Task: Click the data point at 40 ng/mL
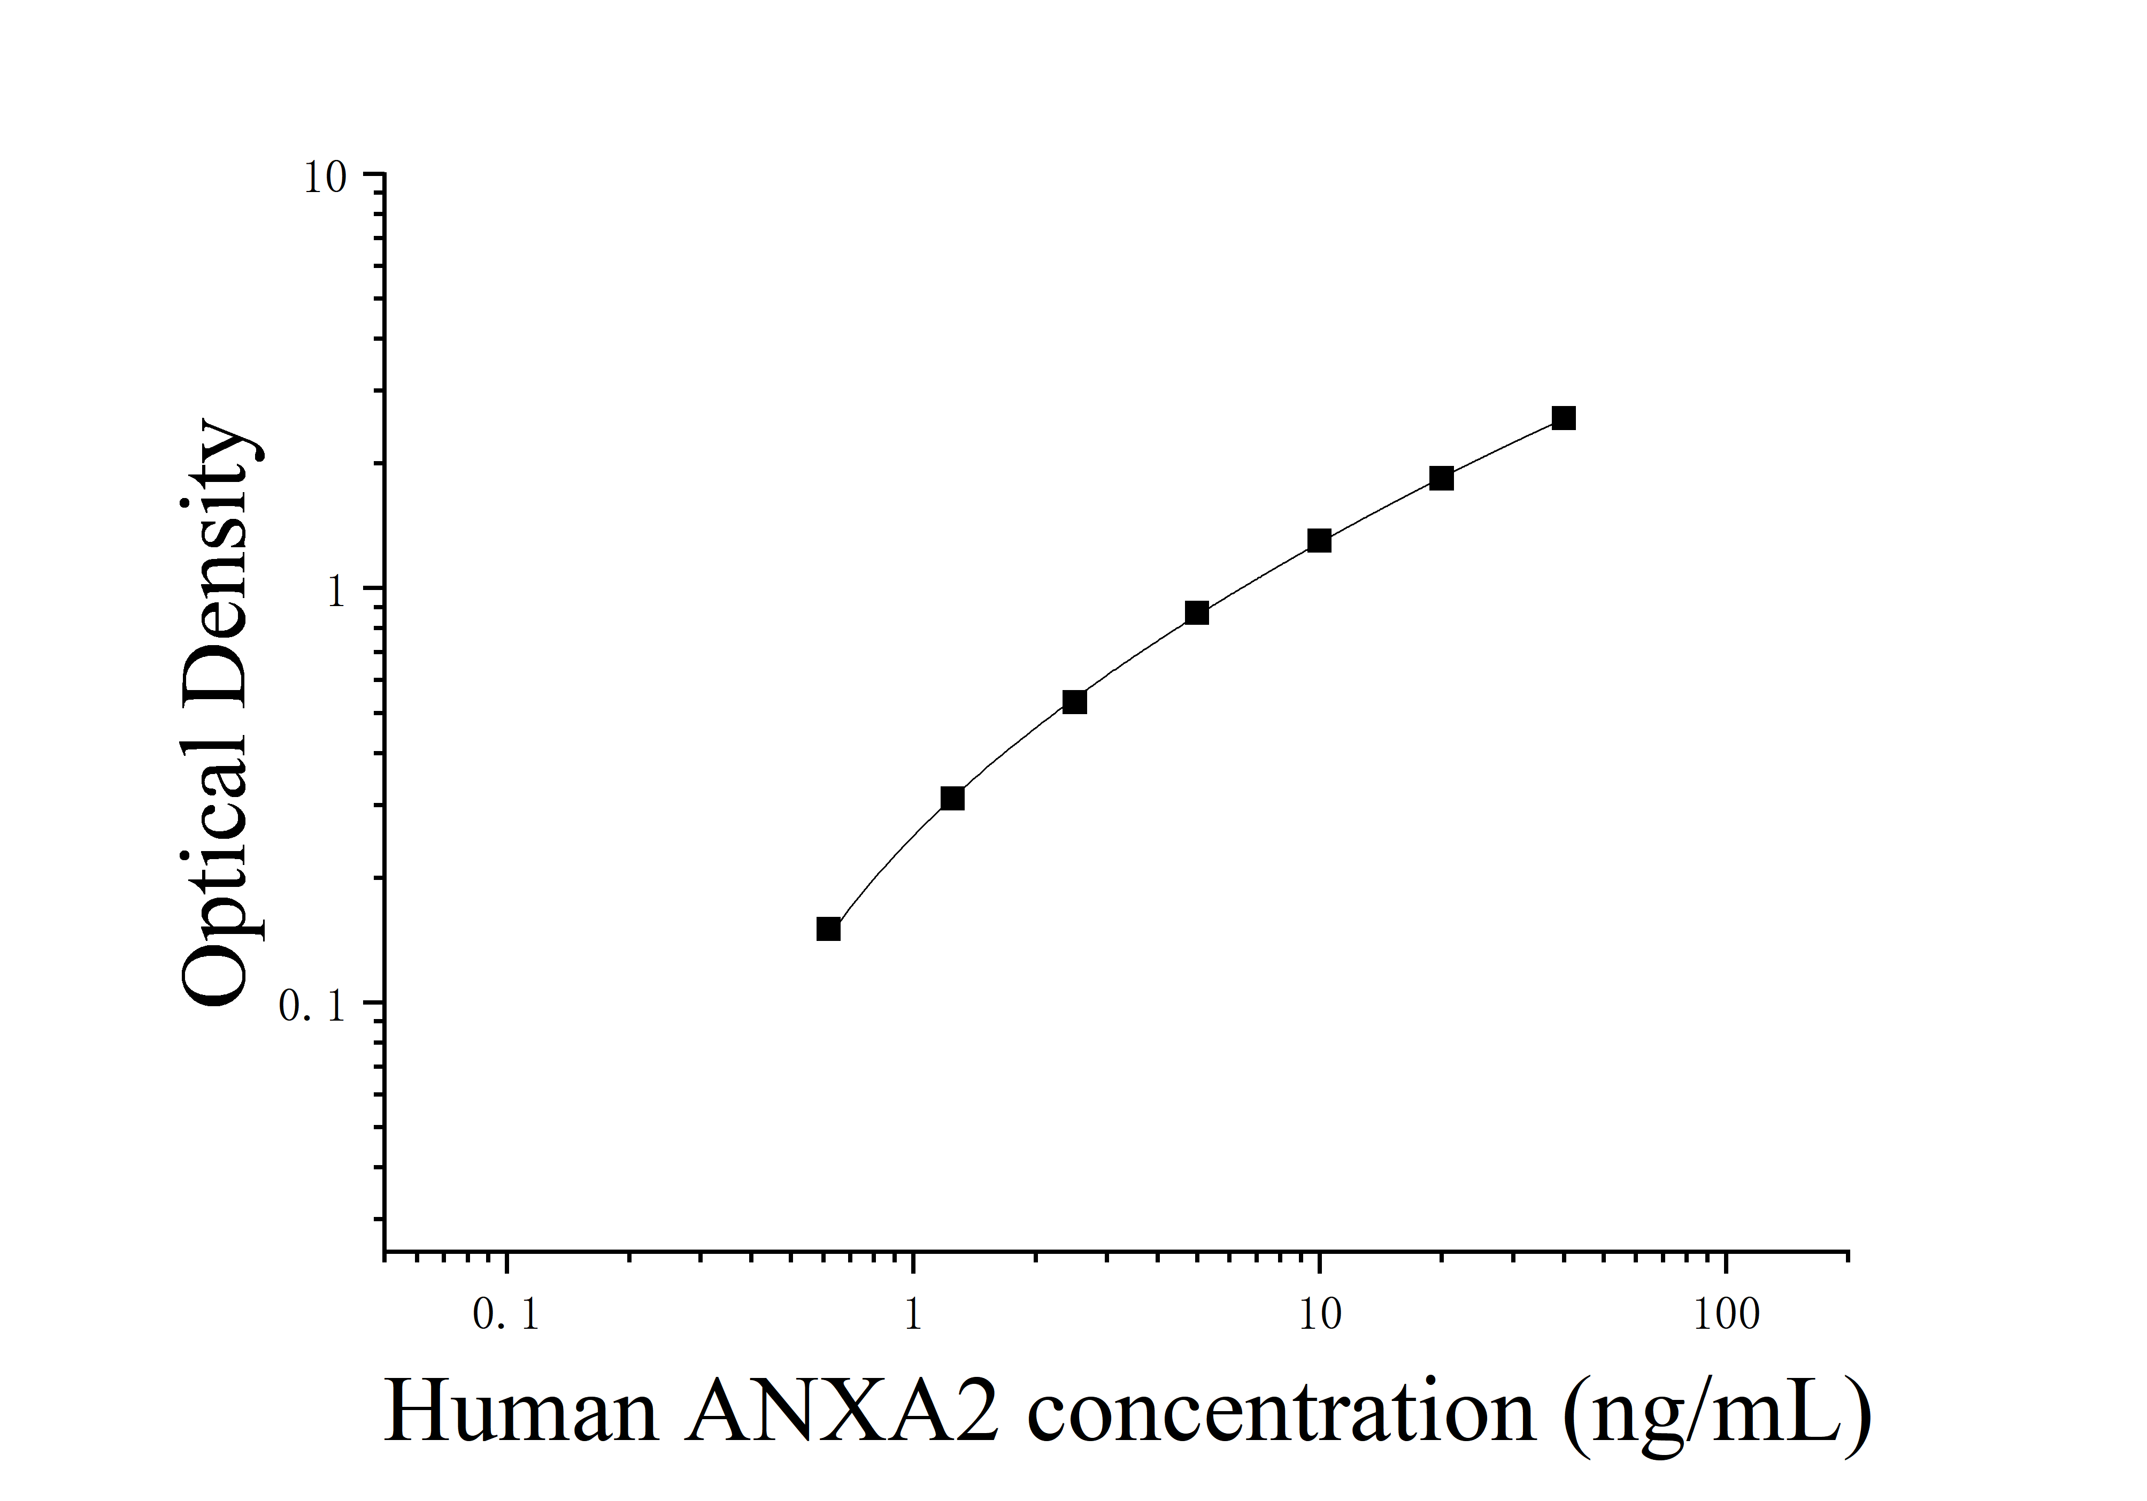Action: tap(1564, 418)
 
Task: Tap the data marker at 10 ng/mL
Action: tap(1319, 541)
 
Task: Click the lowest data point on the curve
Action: tap(828, 929)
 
